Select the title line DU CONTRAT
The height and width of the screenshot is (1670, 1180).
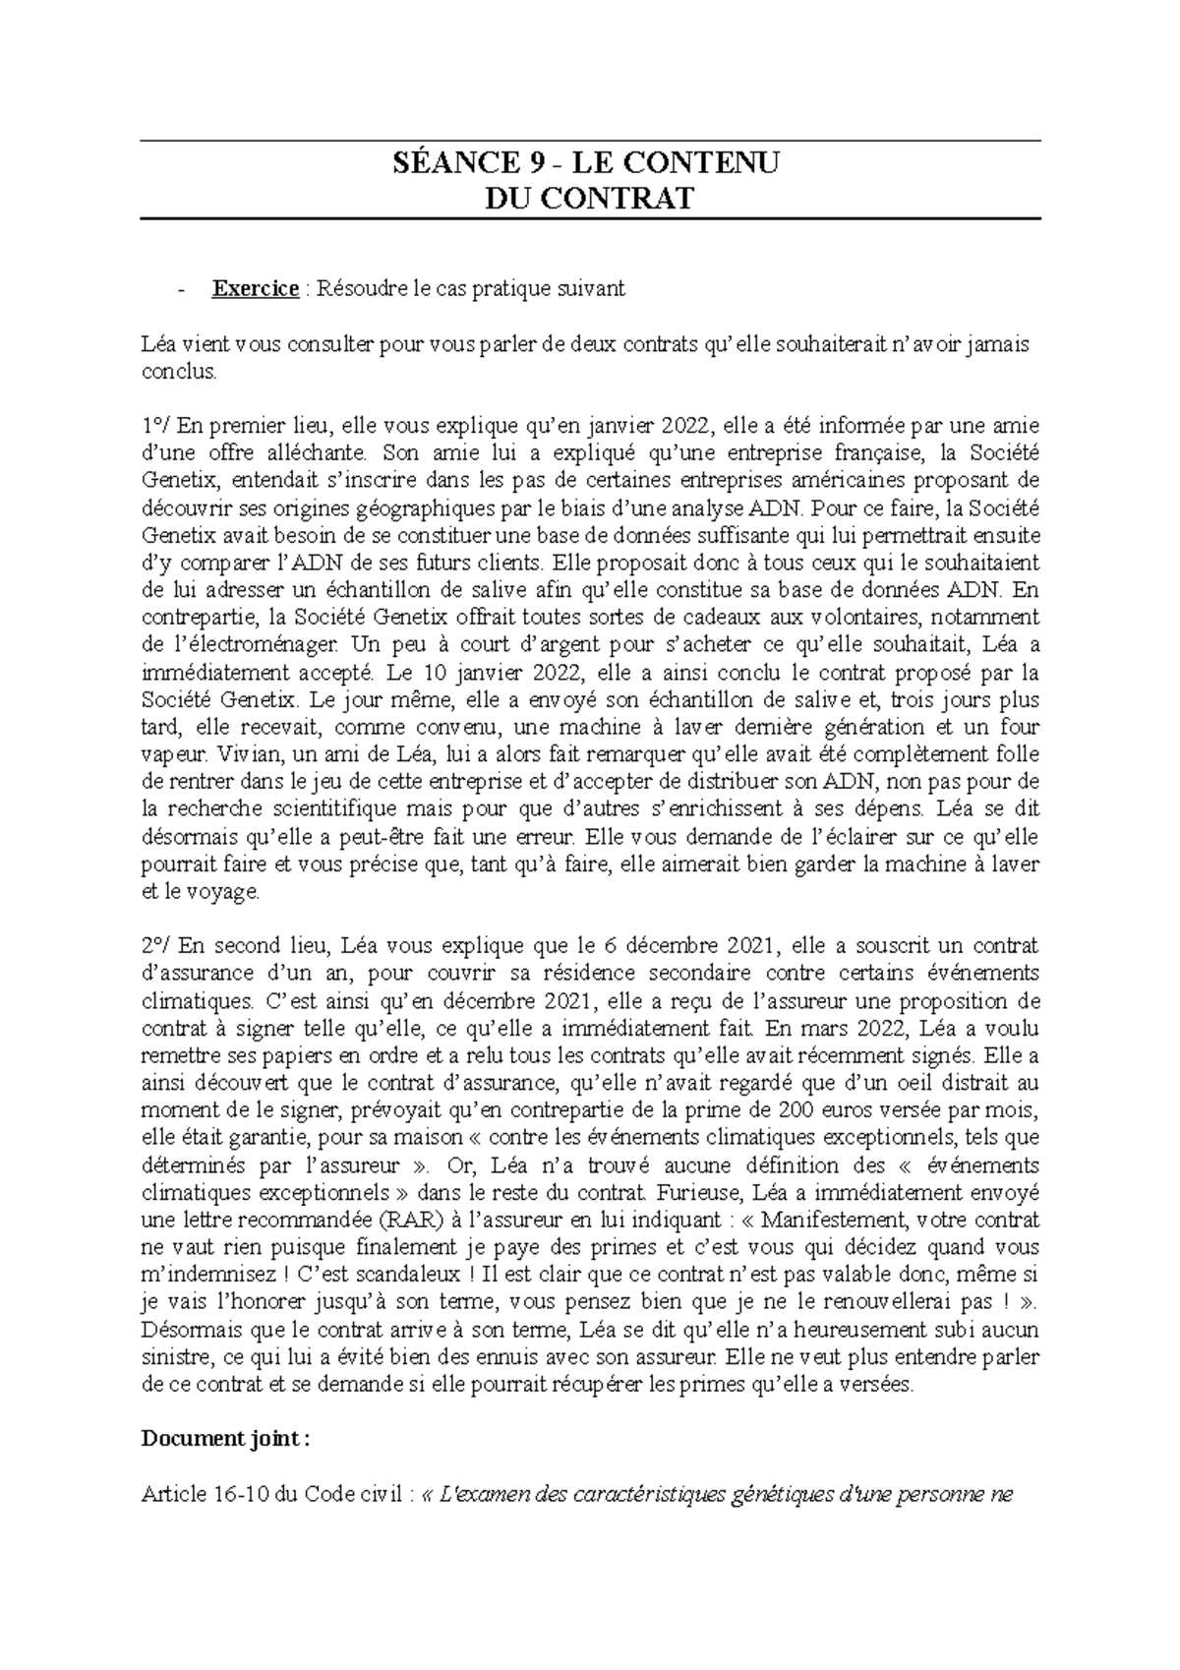tap(589, 199)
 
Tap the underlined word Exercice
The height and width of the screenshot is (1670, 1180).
tap(256, 288)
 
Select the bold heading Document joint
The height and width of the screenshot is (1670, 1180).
tap(225, 1439)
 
